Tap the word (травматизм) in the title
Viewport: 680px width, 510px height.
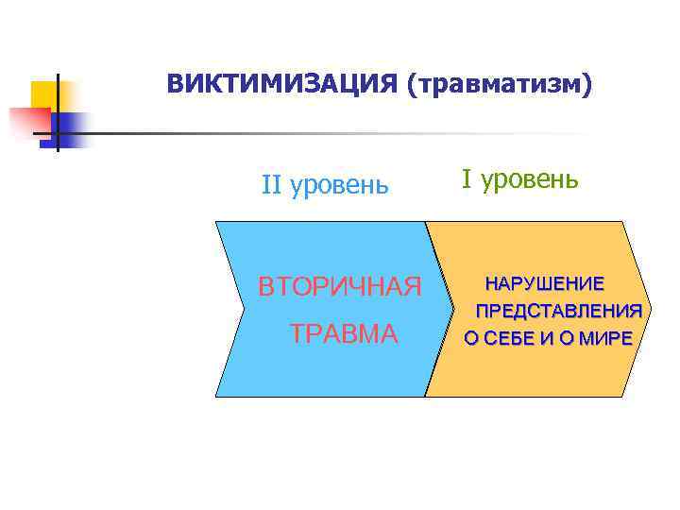[x=500, y=85]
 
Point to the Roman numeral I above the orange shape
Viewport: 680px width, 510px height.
[x=467, y=178]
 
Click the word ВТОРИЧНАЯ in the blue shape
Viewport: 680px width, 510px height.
[x=340, y=285]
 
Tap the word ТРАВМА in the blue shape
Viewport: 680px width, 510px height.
[x=344, y=333]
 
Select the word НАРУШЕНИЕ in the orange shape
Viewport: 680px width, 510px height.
[x=545, y=283]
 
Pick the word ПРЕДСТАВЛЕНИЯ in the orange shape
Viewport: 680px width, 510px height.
[x=559, y=311]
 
